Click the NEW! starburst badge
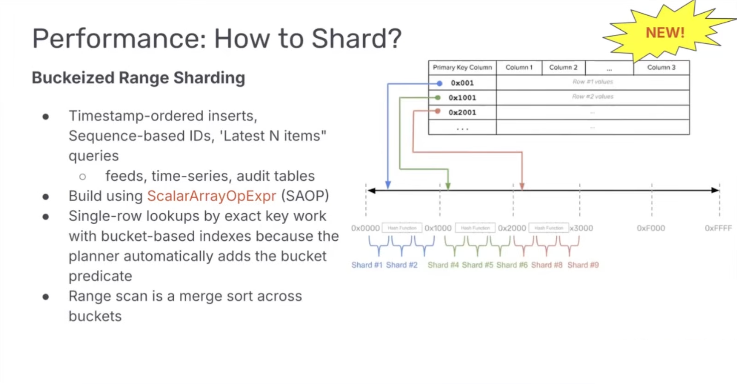click(x=665, y=32)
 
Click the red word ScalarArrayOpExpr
click(x=211, y=196)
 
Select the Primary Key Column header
click(x=462, y=67)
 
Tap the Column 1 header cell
click(x=519, y=67)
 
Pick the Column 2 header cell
click(x=563, y=67)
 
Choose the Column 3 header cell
click(x=661, y=67)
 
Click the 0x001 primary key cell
click(x=462, y=83)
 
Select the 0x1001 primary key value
click(x=462, y=98)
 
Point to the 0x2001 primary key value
click(x=462, y=113)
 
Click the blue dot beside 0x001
click(x=439, y=83)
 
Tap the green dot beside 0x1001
click(x=438, y=98)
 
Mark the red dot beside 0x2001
click(x=437, y=111)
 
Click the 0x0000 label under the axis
click(x=365, y=228)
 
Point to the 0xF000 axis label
click(x=651, y=228)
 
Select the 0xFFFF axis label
click(x=718, y=228)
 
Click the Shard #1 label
click(x=367, y=265)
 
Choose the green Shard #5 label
click(x=477, y=265)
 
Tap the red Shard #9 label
click(x=583, y=265)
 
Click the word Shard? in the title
click(x=356, y=39)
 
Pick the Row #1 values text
click(x=592, y=82)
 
